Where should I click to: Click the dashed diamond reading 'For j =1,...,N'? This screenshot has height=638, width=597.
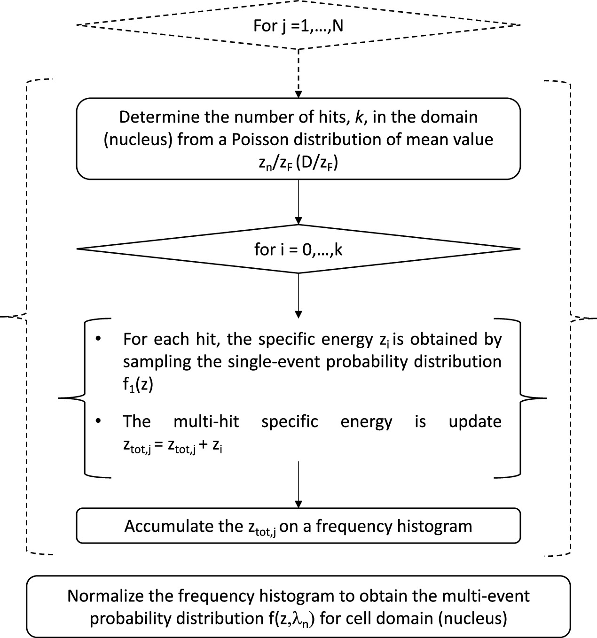pyautogui.click(x=298, y=25)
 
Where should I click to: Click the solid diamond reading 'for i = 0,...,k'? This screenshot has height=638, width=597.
pyautogui.click(x=298, y=249)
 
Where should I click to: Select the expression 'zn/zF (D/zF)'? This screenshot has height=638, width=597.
pyautogui.click(x=298, y=163)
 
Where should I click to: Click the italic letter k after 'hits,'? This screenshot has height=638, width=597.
pyautogui.click(x=359, y=117)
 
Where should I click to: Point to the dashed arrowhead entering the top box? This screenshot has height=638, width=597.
pyautogui.click(x=298, y=93)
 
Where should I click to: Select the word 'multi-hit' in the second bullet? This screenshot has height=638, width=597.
pyautogui.click(x=206, y=421)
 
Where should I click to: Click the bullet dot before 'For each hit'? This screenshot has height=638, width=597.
pyautogui.click(x=98, y=339)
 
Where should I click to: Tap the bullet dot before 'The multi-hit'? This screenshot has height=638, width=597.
pyautogui.click(x=98, y=421)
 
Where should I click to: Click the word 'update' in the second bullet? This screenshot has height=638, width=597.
pyautogui.click(x=475, y=421)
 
